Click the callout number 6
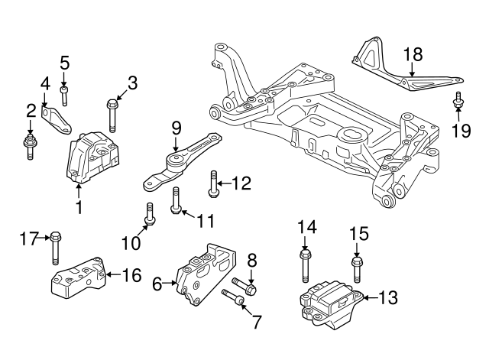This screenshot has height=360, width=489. [157, 284]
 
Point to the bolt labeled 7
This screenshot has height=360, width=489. [234, 297]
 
